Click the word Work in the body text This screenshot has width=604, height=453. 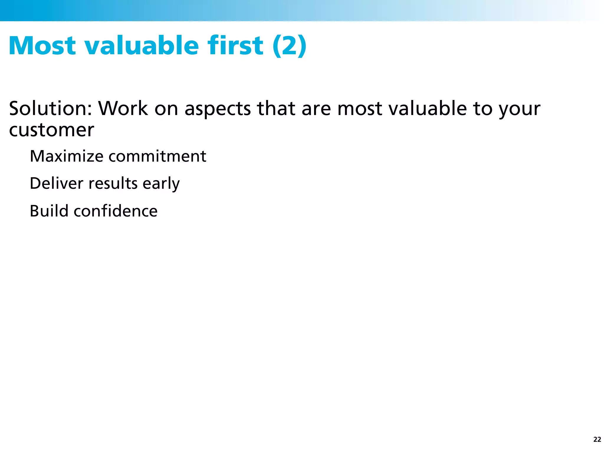tap(123, 108)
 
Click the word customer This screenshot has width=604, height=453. tap(52, 130)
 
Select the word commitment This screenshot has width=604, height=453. tap(157, 156)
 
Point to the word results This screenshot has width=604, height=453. tap(113, 183)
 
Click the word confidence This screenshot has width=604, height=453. tap(116, 211)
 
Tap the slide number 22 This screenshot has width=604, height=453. tap(597, 439)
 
